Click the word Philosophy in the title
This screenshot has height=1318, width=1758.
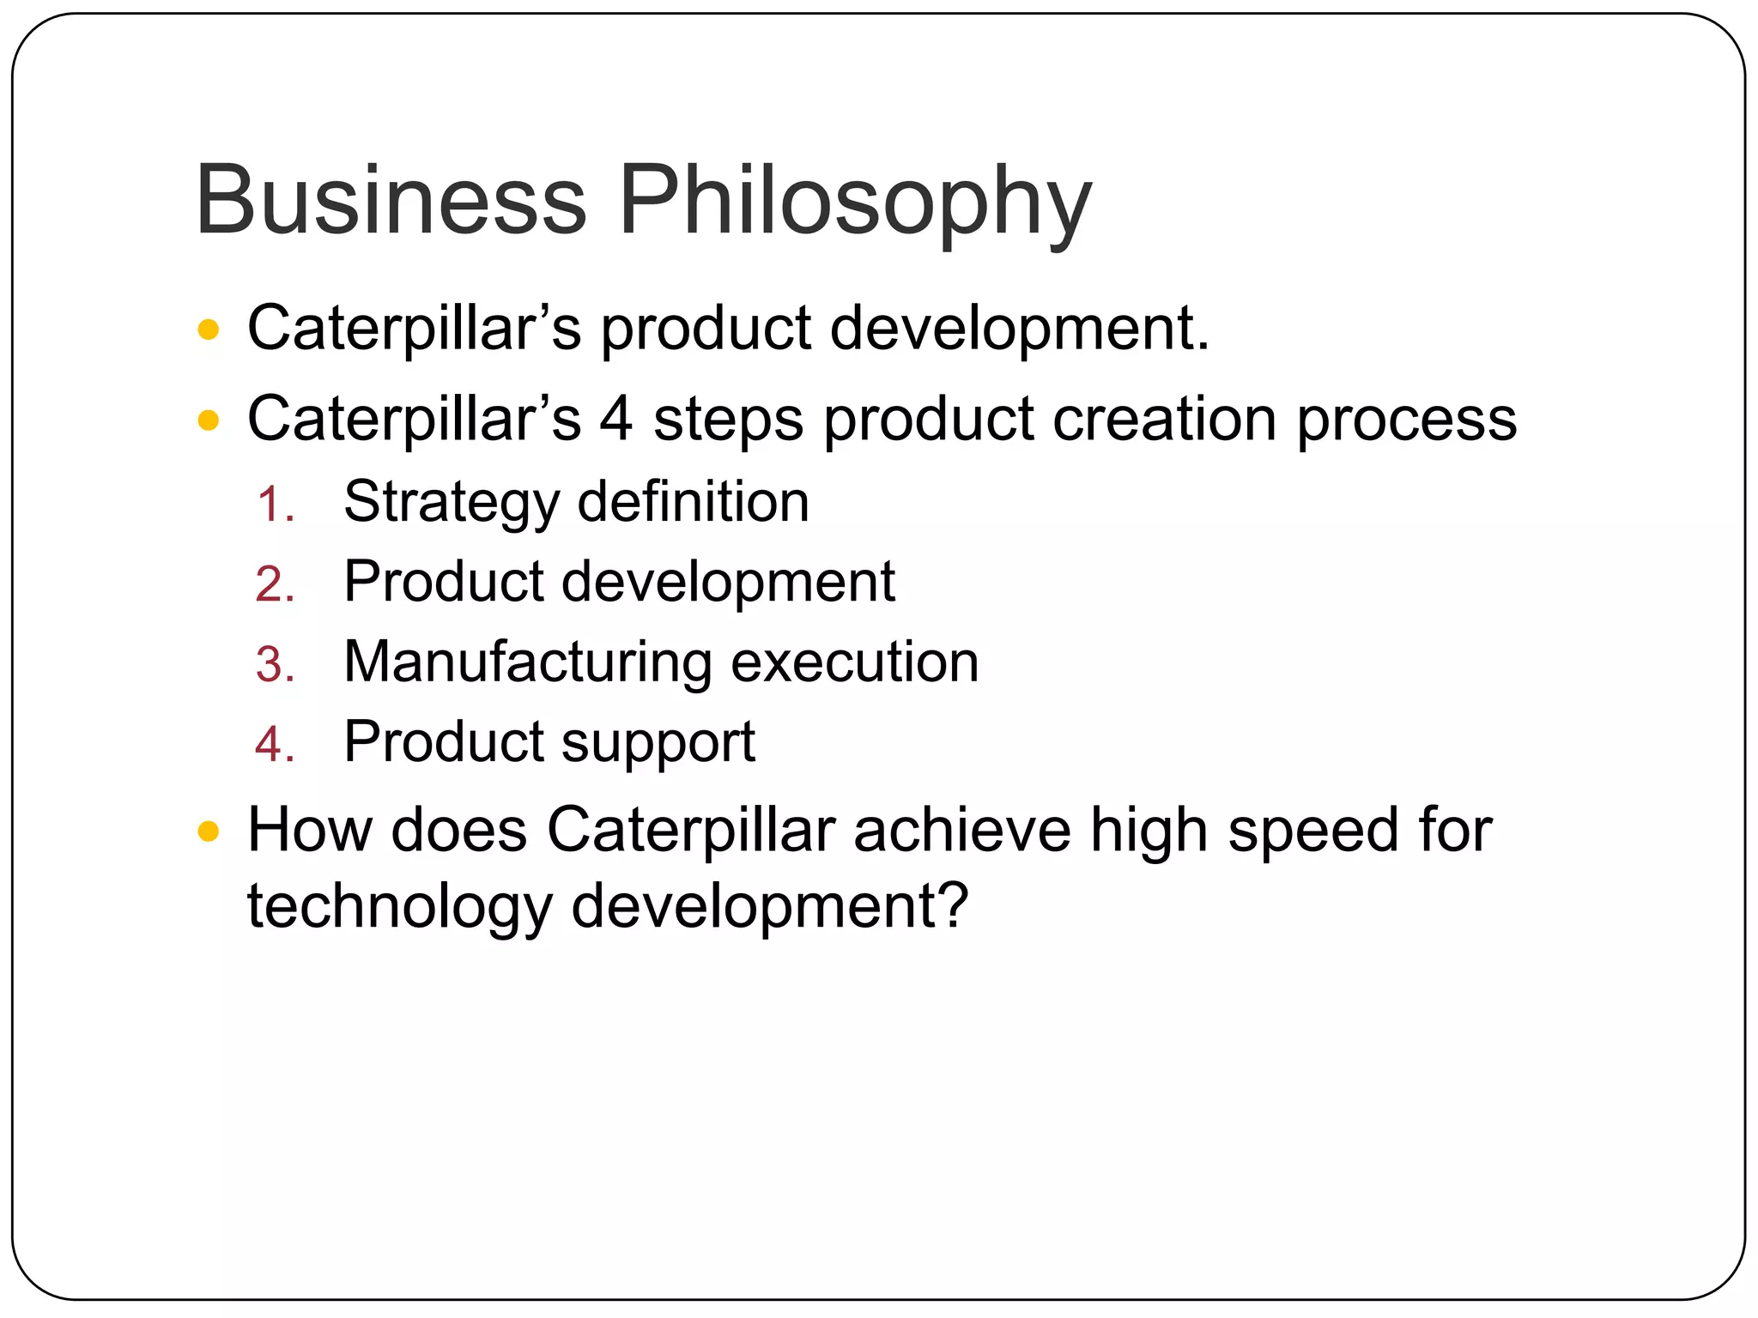coord(855,203)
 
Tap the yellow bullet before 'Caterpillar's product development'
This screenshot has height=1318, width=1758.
coord(209,330)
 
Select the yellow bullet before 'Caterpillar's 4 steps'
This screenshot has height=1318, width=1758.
coord(209,420)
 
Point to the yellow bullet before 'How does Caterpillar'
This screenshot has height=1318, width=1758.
coord(209,831)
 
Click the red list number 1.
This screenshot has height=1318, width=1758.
coord(275,505)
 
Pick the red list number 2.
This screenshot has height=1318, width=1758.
coord(275,585)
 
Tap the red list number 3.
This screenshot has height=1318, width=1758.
coord(275,665)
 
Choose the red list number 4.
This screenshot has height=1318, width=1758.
coord(275,745)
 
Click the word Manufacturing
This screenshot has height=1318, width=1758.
coord(528,662)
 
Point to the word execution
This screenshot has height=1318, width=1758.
coord(855,662)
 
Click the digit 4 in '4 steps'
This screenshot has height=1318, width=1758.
coord(615,419)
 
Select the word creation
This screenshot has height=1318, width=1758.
coord(1165,419)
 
